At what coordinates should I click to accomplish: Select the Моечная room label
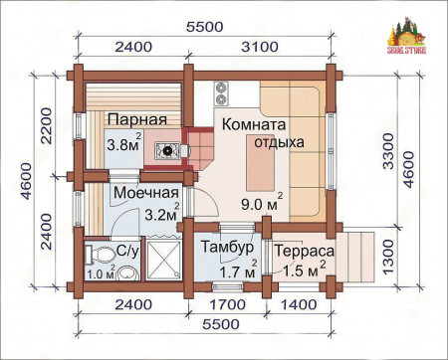(x=145, y=192)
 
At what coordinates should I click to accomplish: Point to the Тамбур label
(x=224, y=247)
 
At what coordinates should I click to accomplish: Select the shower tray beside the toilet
(x=158, y=261)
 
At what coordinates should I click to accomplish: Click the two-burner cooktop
(x=220, y=97)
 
